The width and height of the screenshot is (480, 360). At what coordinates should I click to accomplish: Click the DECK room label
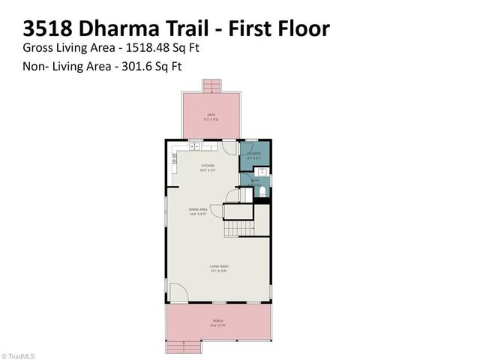pyautogui.click(x=211, y=115)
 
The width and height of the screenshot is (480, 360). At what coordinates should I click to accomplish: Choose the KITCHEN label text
pyautogui.click(x=208, y=166)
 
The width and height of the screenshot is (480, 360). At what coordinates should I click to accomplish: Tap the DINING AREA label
pyautogui.click(x=199, y=211)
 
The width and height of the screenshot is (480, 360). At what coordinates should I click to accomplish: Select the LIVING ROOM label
pyautogui.click(x=218, y=266)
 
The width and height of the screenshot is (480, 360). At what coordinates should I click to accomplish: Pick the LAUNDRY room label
pyautogui.click(x=254, y=154)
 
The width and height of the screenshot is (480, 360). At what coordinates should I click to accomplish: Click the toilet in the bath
pyautogui.click(x=261, y=193)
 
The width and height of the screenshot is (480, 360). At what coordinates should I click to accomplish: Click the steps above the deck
pyautogui.click(x=211, y=85)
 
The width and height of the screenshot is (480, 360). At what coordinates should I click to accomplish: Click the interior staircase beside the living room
pyautogui.click(x=239, y=223)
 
